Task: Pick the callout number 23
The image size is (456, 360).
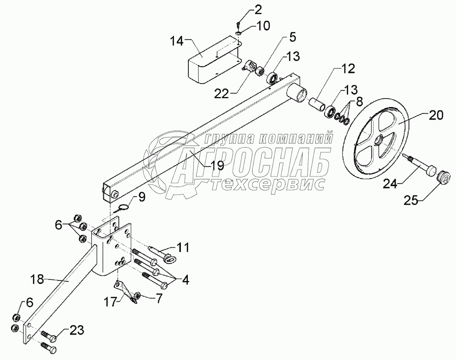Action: click(x=73, y=329)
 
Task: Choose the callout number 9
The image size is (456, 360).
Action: click(x=142, y=197)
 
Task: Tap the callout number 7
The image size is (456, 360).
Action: click(x=159, y=298)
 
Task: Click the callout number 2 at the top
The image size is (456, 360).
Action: click(x=243, y=9)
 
